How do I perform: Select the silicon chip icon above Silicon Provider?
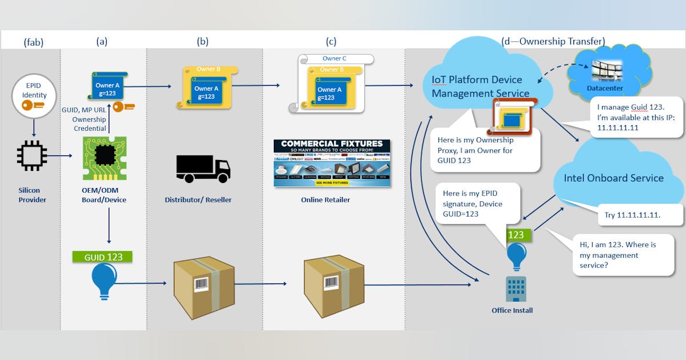[x=31, y=154]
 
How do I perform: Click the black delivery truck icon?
[x=203, y=169]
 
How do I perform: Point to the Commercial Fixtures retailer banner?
[x=332, y=163]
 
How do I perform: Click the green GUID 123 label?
[x=103, y=257]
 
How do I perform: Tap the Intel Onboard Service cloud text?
[x=613, y=178]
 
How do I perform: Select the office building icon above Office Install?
[x=516, y=289]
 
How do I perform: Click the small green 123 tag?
[x=516, y=234]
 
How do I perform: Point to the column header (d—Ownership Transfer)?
[x=553, y=41]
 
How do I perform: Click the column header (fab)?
[x=34, y=41]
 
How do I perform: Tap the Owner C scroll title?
[x=334, y=58]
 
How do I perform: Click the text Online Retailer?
[x=325, y=200]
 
